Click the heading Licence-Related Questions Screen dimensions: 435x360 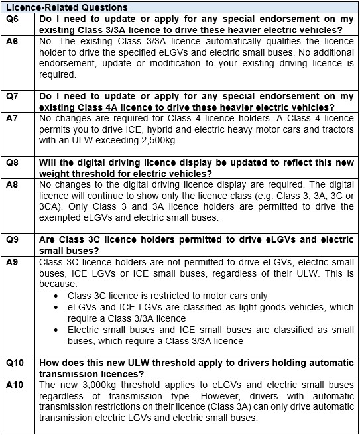[66, 7]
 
